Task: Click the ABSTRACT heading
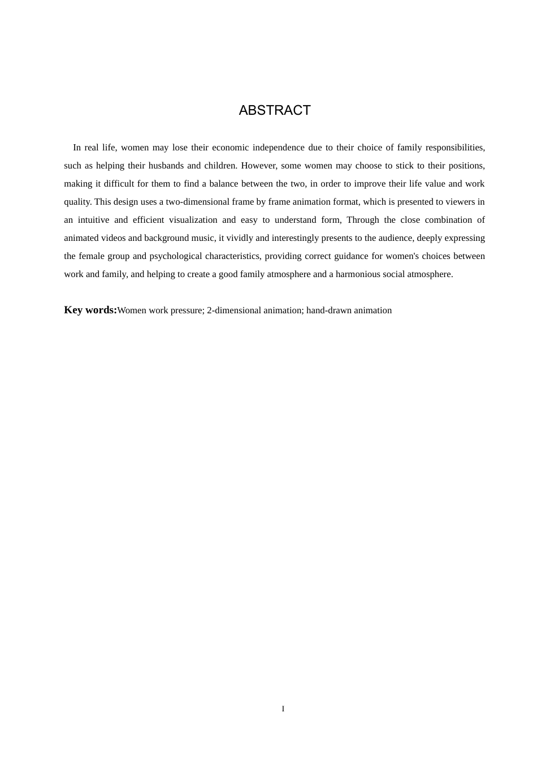tap(275, 110)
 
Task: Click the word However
tap(259, 166)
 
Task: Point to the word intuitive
tap(93, 220)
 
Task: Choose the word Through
tap(363, 220)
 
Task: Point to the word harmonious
tap(359, 274)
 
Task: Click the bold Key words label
tap(90, 310)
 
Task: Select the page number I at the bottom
tap(283, 709)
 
